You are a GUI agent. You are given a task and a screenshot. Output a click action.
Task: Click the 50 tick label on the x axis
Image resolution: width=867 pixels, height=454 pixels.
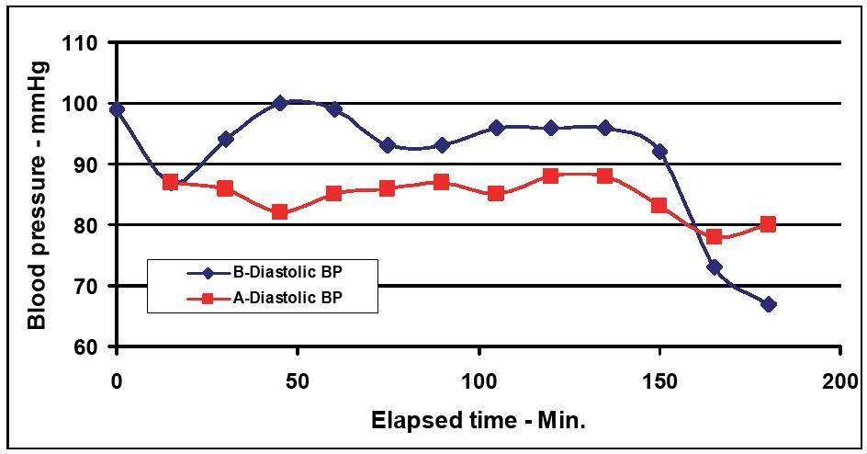point(298,379)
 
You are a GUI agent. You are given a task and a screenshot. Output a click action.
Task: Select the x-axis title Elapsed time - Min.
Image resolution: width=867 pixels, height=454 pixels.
point(478,420)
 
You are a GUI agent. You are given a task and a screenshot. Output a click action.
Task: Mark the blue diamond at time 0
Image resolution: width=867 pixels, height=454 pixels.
point(117,109)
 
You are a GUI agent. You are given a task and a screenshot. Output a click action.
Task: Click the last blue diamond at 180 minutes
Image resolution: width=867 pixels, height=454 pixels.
point(768,304)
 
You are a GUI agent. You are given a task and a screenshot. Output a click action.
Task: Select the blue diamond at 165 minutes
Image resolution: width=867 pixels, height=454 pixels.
point(714,267)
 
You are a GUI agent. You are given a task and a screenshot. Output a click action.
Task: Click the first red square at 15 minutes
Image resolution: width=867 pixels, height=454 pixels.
point(171,182)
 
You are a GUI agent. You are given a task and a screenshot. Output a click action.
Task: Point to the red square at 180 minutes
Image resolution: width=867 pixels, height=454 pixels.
point(768,224)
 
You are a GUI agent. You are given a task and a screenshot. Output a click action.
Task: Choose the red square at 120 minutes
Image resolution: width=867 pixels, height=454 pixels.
point(550,176)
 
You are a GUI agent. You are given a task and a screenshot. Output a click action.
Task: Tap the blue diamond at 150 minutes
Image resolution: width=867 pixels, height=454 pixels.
point(659,152)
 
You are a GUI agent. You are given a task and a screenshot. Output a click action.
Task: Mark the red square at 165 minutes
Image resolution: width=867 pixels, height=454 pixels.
point(714,237)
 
